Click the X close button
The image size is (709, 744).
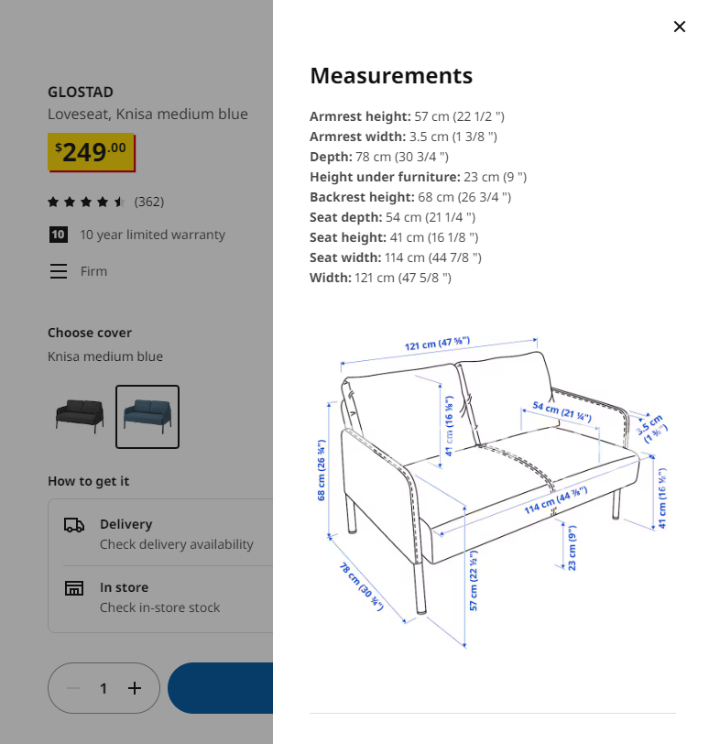tap(679, 27)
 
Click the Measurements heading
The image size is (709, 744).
tap(391, 76)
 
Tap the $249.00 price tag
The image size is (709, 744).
tap(91, 152)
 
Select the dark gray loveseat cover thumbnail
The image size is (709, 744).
tap(80, 416)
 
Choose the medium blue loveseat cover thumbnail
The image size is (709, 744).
tap(147, 417)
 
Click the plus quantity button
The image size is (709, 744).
tap(135, 688)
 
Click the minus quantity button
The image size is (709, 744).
tap(73, 688)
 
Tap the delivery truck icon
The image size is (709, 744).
tap(74, 525)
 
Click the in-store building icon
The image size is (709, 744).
tap(74, 588)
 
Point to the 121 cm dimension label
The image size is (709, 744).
tap(437, 343)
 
